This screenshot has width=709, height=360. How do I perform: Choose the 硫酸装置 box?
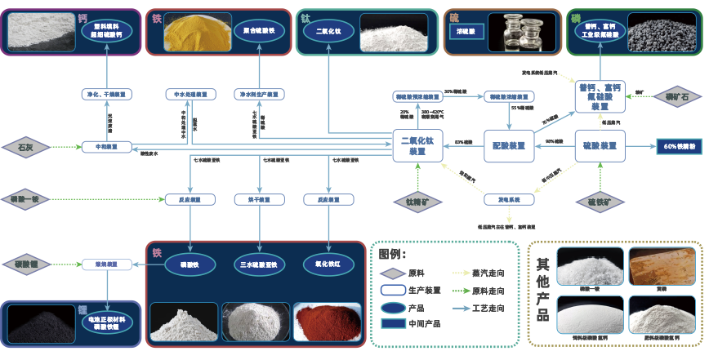coord(600,146)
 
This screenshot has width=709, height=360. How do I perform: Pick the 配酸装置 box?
coord(508,146)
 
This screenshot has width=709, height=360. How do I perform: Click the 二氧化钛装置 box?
coord(417,145)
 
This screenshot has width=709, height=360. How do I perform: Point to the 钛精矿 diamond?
coord(417,200)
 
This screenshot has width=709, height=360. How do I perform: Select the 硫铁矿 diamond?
coord(600,200)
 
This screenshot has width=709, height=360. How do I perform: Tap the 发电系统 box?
coord(508,198)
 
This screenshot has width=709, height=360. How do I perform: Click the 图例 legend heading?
coord(393,254)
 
